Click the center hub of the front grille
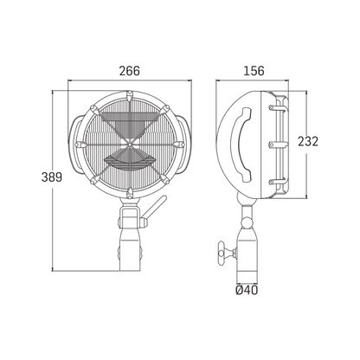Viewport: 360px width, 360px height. pos(130,142)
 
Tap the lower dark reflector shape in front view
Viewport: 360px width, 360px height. pos(130,161)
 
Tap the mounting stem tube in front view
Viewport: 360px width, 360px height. pos(130,242)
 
